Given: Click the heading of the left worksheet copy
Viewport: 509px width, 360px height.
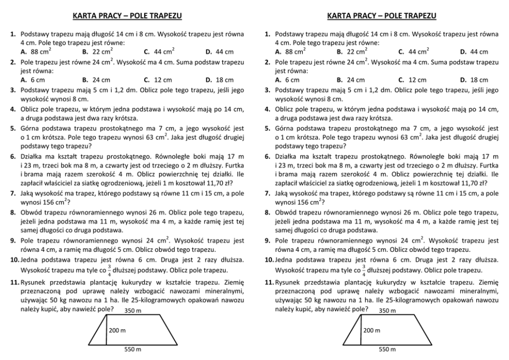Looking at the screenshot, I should pos(127,16).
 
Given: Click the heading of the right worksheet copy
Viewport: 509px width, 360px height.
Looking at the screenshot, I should pos(382,16).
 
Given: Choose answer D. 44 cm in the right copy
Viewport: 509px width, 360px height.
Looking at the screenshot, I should pos(474,52).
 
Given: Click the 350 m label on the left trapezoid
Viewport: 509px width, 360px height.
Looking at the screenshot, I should pos(133,311).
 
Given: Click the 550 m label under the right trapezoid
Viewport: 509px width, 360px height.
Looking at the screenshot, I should pos(387,350).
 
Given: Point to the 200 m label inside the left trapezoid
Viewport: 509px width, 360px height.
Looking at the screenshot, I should pos(117,331).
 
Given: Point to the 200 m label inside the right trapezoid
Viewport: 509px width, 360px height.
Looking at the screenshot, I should pos(371,331).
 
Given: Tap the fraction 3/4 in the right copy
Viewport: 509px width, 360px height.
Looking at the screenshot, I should pos(364,270).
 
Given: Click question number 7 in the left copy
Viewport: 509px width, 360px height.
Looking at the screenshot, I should pos(13,194).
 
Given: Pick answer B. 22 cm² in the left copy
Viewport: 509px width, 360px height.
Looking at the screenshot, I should pos(97,52).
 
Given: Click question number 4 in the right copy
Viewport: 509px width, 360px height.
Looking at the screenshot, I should pos(268,109).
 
